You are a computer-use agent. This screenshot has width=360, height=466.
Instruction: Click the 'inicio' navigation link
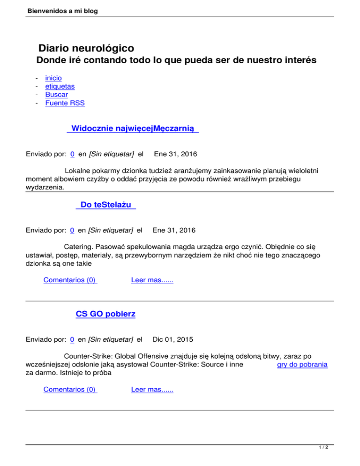pos(53,78)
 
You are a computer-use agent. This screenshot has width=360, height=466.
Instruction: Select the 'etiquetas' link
pos(60,86)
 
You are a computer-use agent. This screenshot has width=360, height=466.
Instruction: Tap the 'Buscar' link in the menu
pos(56,95)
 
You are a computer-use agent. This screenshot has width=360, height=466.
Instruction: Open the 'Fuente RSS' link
pos(65,103)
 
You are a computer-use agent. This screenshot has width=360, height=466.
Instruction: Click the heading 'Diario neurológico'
pos(86,48)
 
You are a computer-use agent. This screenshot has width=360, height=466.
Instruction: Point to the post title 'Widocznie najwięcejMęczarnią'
pos(133,128)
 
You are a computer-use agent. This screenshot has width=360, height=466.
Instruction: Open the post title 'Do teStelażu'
pos(105,205)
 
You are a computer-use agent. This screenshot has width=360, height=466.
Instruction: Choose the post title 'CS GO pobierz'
pos(105,314)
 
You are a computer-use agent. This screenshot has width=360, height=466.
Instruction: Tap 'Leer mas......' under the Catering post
pos(152,280)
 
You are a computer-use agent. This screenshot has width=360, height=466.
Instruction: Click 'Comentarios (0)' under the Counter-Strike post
pos(70,390)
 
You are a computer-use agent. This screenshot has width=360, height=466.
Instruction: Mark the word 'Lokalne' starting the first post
pos(78,171)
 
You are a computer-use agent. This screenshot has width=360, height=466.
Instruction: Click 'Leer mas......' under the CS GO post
pos(152,390)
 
